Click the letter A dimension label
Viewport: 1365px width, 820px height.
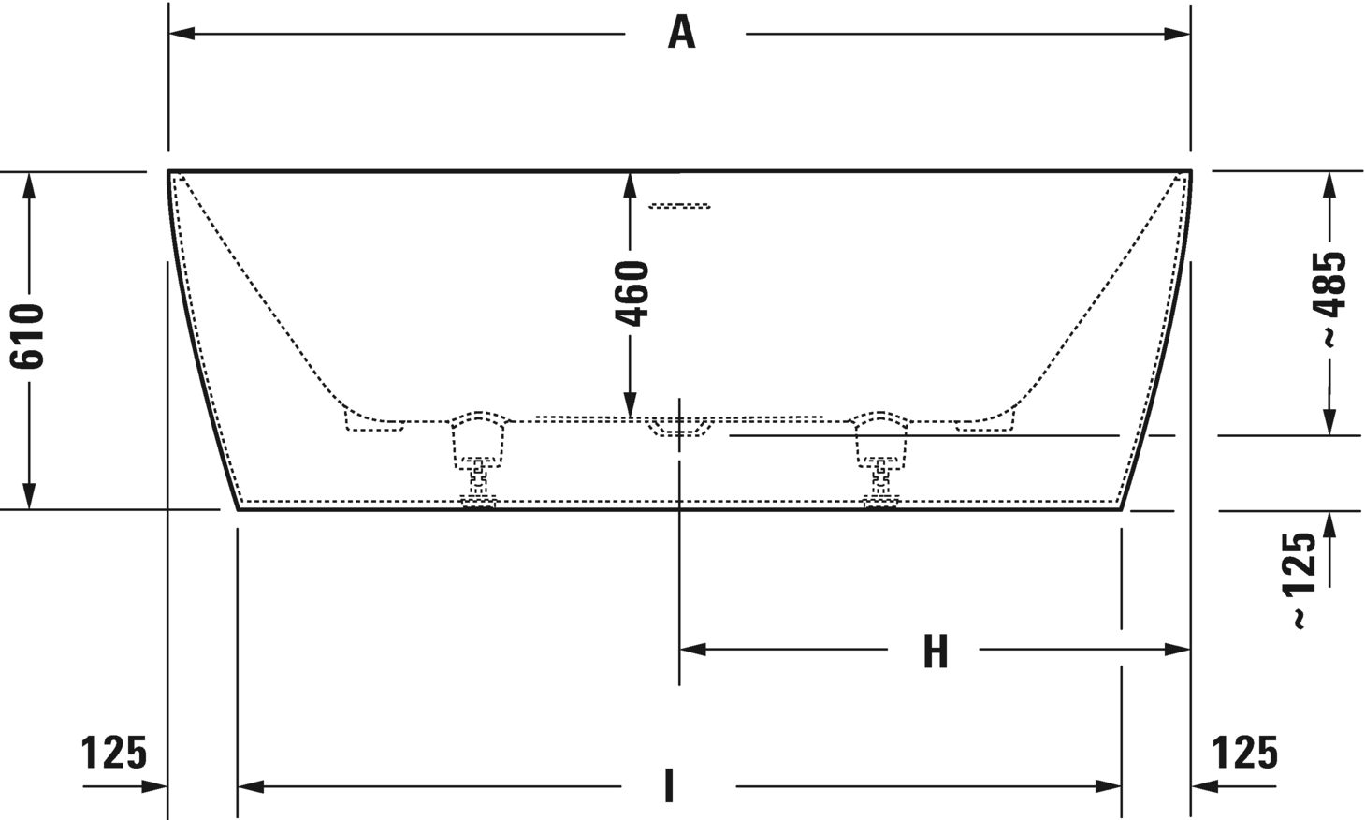(682, 34)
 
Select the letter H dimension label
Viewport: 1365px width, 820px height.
(935, 651)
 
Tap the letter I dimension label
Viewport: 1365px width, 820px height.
(669, 786)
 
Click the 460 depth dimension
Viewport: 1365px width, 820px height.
(633, 293)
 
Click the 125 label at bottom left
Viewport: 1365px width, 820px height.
(114, 752)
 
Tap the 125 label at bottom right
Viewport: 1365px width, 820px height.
(1244, 752)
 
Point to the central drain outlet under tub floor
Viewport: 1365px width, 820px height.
(680, 428)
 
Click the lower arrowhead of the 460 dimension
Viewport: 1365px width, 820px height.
(631, 406)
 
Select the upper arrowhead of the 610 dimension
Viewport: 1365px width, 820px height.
(30, 184)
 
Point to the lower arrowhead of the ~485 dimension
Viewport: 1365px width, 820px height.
(1329, 423)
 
